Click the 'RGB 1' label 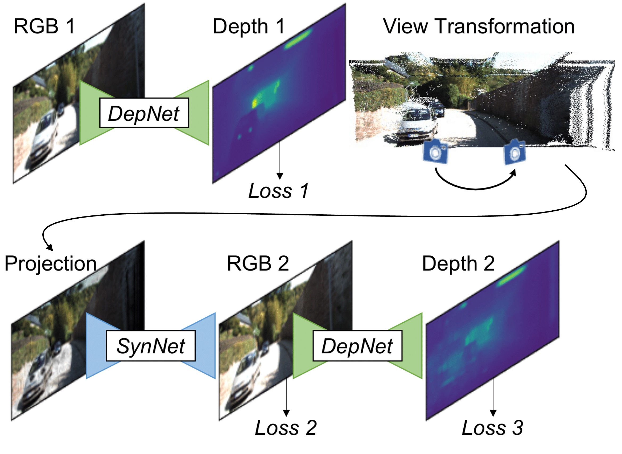pos(44,27)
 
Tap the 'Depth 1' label pos(249,27)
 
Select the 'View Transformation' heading pos(479,27)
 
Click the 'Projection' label pos(51,264)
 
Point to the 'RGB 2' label pos(258,264)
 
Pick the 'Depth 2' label pos(458,264)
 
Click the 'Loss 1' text pos(278,191)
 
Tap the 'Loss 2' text pos(286,428)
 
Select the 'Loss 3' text pos(492,428)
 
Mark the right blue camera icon pos(515,152)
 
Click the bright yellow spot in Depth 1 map pos(255,103)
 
